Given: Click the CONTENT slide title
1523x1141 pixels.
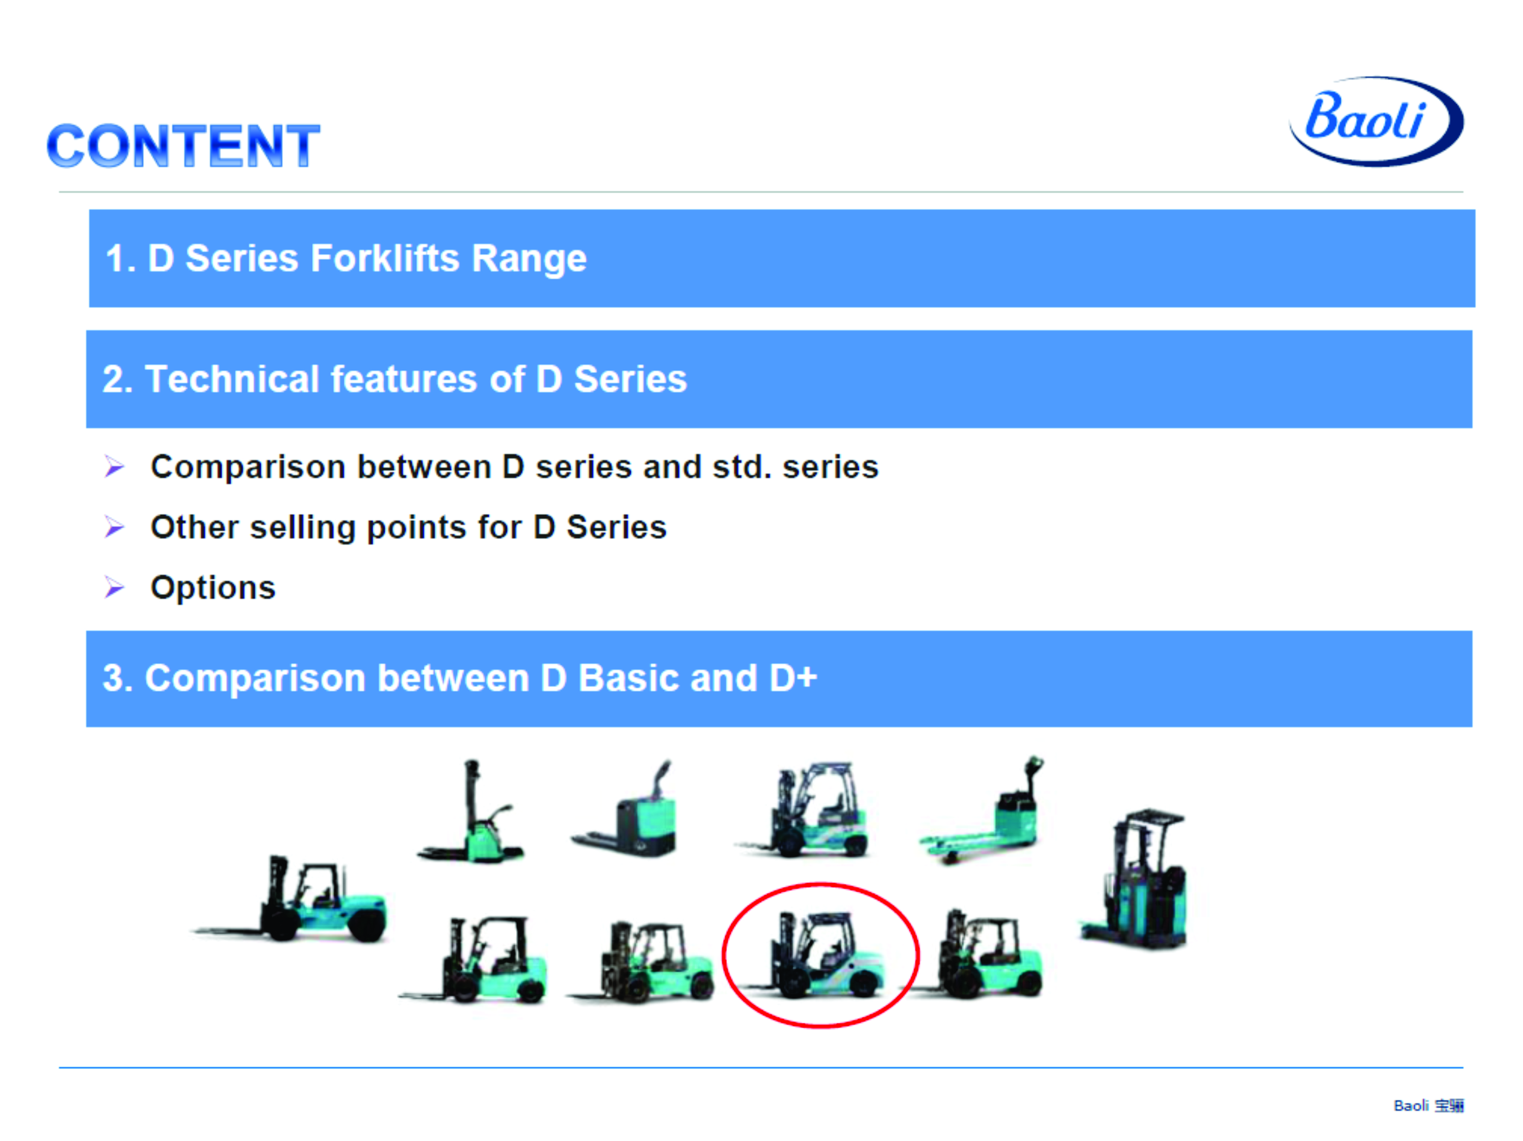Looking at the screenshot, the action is [183, 146].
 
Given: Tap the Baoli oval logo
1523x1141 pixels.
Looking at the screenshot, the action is [1376, 121].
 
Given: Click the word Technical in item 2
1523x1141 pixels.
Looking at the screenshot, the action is [232, 379].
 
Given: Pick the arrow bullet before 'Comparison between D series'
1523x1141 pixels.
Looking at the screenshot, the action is [114, 466].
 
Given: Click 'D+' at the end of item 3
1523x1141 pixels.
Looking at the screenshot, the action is [793, 678].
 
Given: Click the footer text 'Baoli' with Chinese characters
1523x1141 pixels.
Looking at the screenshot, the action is [1428, 1105].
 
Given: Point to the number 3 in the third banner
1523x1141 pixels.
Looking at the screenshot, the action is [114, 678].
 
